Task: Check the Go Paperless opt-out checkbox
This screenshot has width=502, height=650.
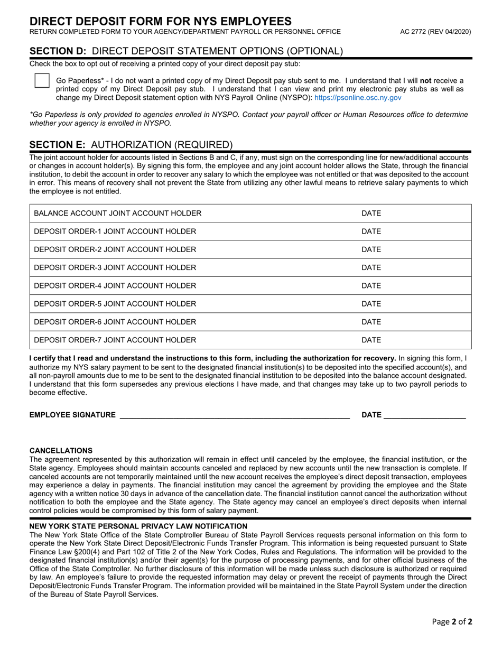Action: [x=42, y=80]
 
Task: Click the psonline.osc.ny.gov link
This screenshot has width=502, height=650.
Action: [x=357, y=98]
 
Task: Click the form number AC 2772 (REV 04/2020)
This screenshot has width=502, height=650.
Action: [x=435, y=32]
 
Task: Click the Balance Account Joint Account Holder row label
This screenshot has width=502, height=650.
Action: [x=117, y=213]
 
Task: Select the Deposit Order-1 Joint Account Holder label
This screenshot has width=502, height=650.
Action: [x=115, y=231]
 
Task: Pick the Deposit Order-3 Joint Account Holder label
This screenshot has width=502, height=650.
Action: [x=115, y=267]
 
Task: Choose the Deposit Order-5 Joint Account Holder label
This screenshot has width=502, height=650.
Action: [x=115, y=304]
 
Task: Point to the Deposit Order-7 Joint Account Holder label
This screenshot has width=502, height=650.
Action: [x=115, y=340]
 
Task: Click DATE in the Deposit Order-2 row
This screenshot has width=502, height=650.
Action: [x=371, y=249]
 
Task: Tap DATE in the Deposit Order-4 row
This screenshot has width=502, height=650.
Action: [x=371, y=286]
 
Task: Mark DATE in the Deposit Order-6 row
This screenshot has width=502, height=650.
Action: [x=371, y=322]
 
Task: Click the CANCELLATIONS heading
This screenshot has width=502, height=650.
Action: [x=61, y=450]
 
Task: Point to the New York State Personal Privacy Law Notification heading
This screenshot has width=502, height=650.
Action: [x=138, y=526]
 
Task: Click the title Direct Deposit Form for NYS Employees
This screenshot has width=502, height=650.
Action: [x=160, y=21]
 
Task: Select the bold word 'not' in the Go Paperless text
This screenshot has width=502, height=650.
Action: [x=425, y=80]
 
